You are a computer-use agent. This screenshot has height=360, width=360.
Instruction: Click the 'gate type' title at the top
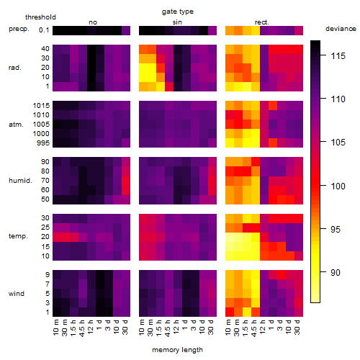178,12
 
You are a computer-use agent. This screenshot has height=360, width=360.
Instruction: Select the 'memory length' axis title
177,350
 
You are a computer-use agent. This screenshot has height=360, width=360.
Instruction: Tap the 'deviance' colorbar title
341,29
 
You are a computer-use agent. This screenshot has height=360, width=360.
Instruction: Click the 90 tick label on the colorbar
336,272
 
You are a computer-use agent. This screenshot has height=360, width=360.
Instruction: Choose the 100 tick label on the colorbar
338,186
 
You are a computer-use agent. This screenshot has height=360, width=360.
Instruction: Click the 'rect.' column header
261,22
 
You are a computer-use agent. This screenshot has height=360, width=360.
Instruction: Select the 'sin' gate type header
177,22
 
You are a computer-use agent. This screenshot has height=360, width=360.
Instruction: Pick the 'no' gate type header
93,22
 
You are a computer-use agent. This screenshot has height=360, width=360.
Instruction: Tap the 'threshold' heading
40,17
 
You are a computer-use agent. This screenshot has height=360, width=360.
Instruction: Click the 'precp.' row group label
19,30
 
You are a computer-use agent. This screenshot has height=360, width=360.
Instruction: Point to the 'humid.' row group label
20,181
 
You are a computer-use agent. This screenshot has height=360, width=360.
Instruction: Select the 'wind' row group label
17,294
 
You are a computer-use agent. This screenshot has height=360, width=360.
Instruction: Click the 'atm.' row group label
16,125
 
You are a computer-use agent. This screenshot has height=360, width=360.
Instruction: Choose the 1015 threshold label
41,106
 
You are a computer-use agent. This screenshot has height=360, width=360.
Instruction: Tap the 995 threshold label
43,143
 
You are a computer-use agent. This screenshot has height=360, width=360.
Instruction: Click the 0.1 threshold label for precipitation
44,30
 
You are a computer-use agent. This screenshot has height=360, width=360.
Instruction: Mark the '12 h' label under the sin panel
176,327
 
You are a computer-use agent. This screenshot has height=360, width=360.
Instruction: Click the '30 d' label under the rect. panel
297,327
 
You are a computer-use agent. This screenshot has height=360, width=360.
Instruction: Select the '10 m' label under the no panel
55,328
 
